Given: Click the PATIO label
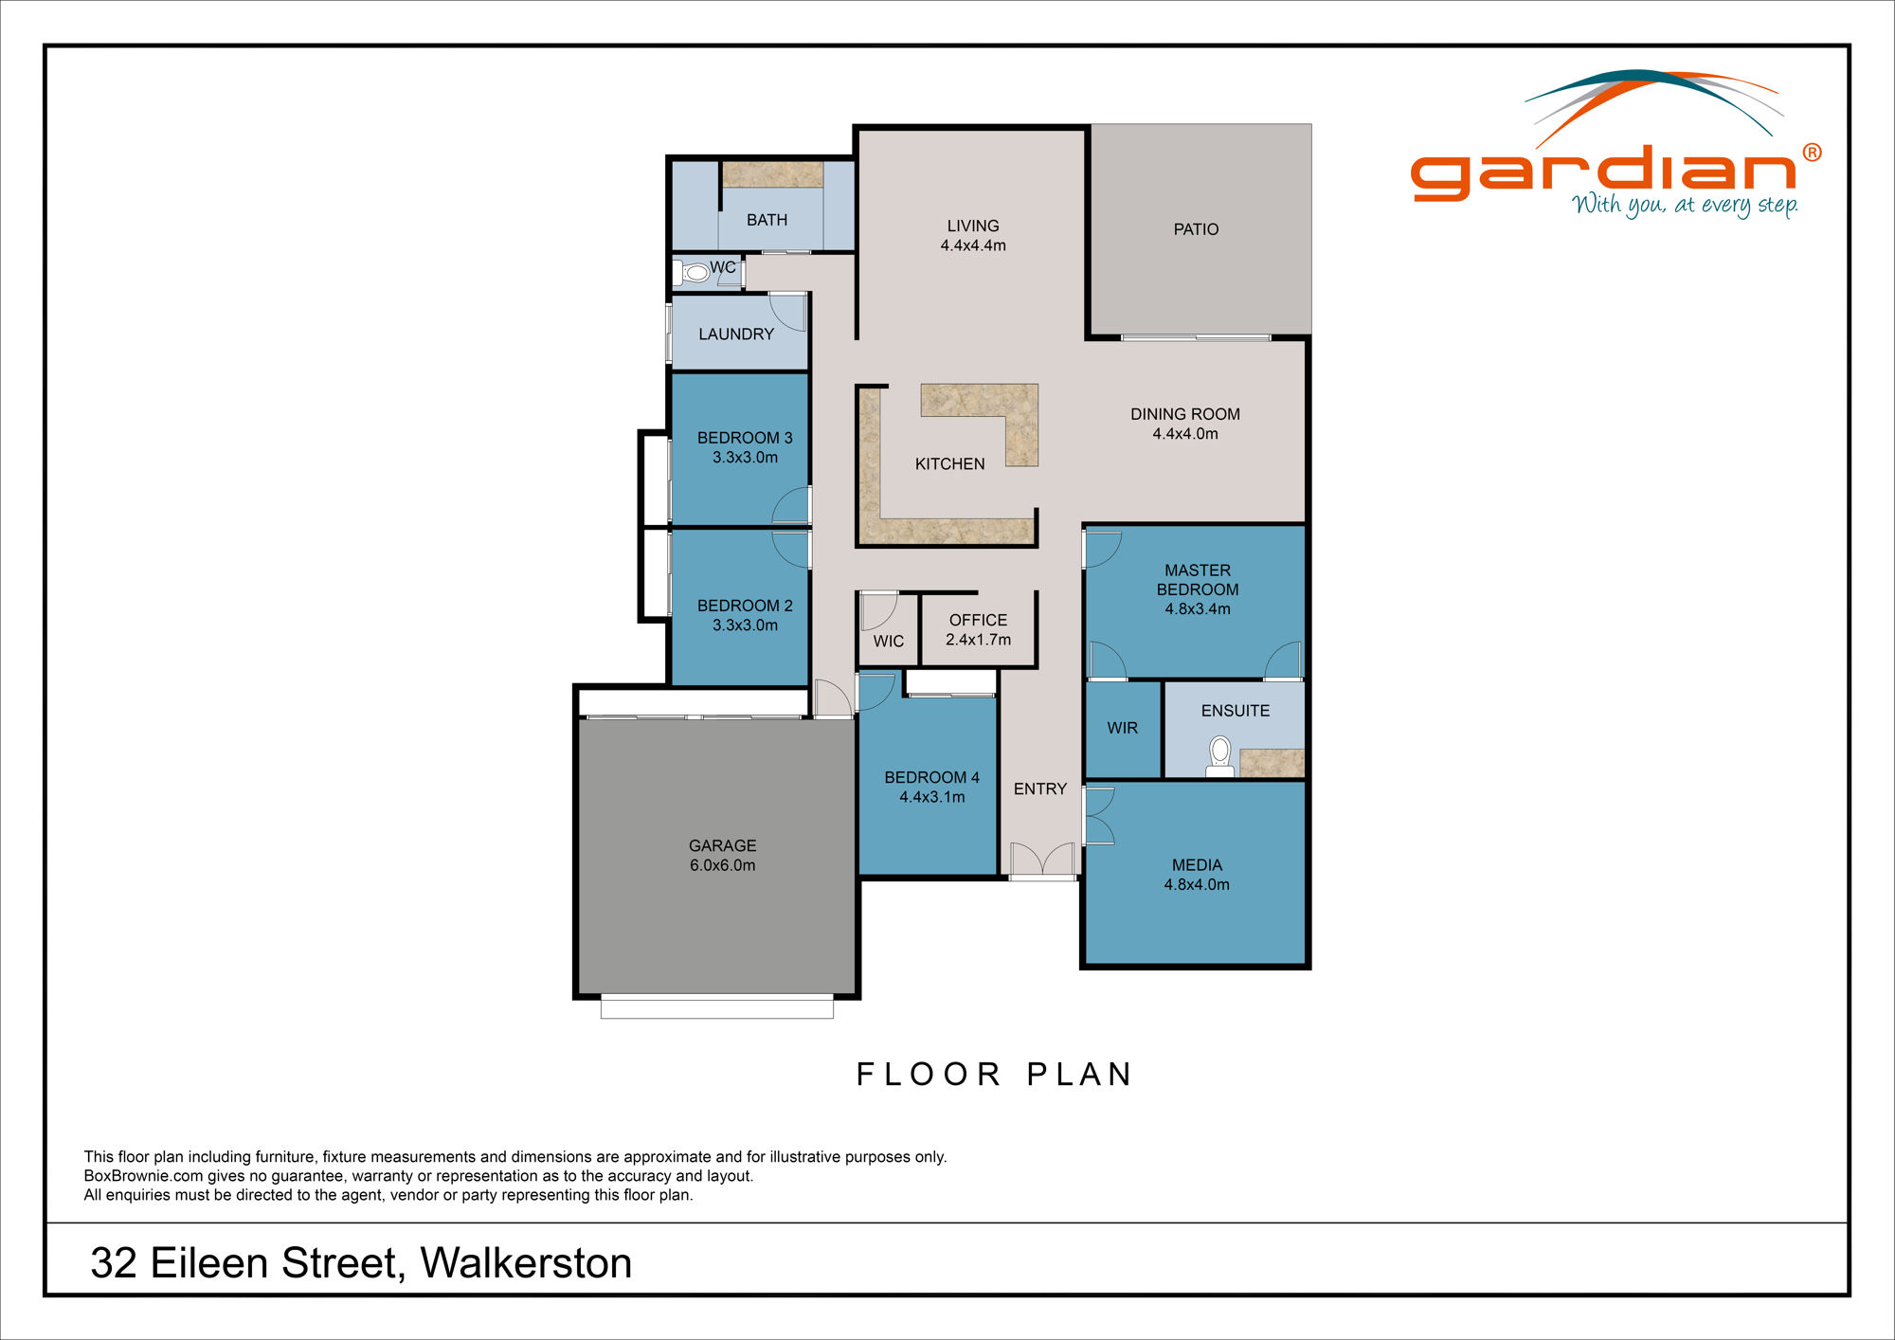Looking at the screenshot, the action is pyautogui.click(x=1196, y=229).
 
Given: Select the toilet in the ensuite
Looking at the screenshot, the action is pyautogui.click(x=1219, y=757).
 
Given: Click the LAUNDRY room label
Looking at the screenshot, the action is pyautogui.click(x=736, y=334).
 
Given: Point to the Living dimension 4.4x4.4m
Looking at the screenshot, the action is pyautogui.click(x=973, y=245).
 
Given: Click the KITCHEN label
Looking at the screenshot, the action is pyautogui.click(x=949, y=463).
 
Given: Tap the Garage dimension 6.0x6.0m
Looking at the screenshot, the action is pyautogui.click(x=722, y=865).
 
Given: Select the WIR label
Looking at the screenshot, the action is pyautogui.click(x=1122, y=728).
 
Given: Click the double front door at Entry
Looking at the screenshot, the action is pyautogui.click(x=1042, y=860).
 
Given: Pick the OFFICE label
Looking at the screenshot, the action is pyautogui.click(x=978, y=620).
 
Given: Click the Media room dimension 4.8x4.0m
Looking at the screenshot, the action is pyautogui.click(x=1197, y=884).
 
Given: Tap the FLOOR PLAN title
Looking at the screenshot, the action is pyautogui.click(x=994, y=1074).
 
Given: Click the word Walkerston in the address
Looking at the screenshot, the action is pyautogui.click(x=526, y=1262).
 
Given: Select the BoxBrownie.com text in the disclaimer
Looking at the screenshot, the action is pyautogui.click(x=143, y=1176).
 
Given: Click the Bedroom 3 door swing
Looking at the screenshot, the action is pyautogui.click(x=792, y=505).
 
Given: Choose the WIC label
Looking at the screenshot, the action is pyautogui.click(x=888, y=642).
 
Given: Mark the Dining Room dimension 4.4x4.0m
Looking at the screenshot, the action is pyautogui.click(x=1185, y=434).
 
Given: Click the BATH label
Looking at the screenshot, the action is pyautogui.click(x=767, y=220).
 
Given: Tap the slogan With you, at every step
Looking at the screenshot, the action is pyautogui.click(x=1685, y=205).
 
